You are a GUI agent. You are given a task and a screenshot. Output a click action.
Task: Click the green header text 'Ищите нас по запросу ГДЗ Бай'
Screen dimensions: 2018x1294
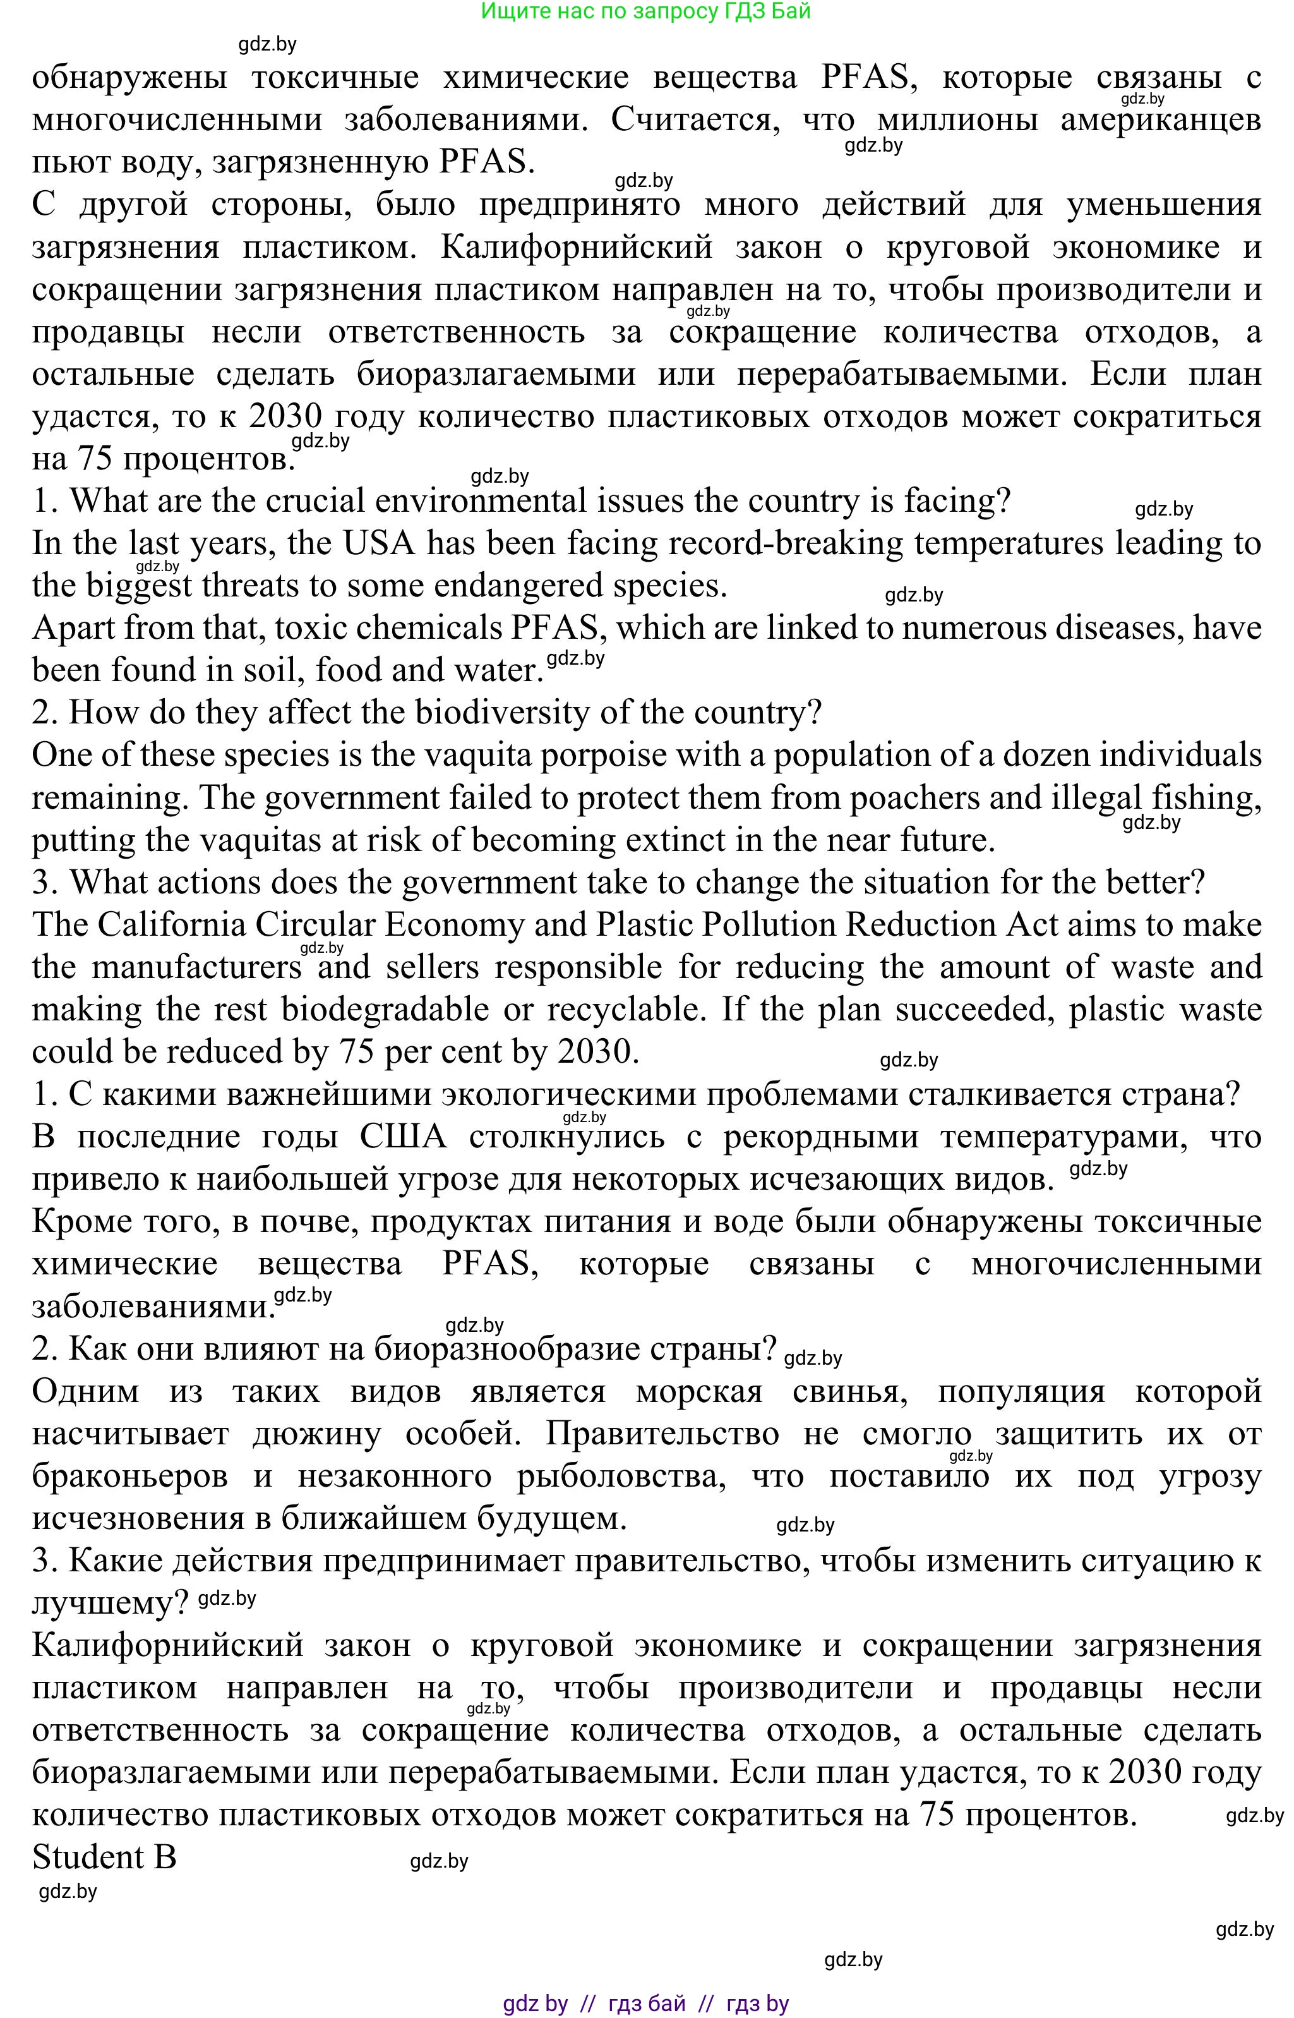645,12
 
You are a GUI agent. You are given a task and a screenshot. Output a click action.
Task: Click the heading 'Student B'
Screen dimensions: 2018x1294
104,1858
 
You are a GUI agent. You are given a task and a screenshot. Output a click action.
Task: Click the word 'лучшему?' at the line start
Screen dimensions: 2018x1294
110,1604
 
